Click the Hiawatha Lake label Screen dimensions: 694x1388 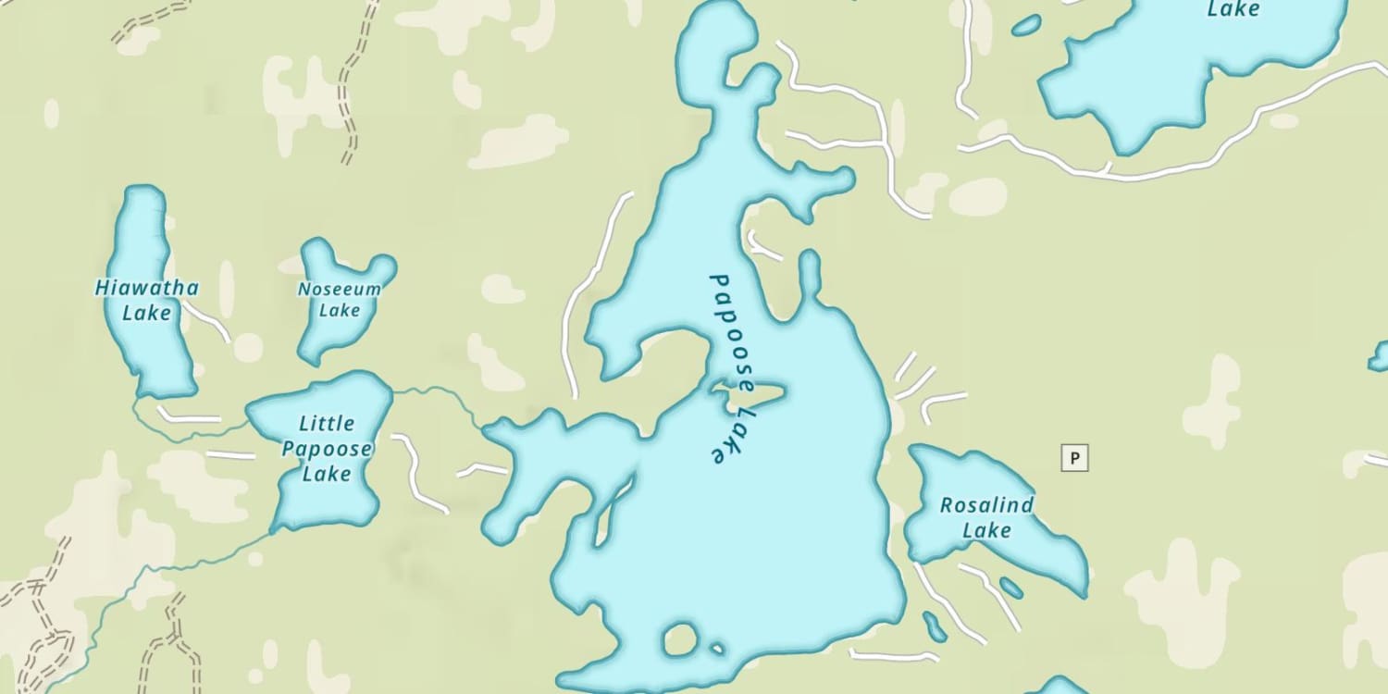[x=146, y=300]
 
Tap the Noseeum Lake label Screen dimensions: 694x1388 [x=339, y=299]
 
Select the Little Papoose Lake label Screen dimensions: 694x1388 [x=327, y=449]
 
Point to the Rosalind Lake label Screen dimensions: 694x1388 [x=986, y=517]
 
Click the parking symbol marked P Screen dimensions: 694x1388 [x=1074, y=457]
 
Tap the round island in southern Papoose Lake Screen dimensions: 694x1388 [x=680, y=638]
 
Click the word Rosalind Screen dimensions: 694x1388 [x=986, y=505]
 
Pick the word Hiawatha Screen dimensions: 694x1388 [x=146, y=288]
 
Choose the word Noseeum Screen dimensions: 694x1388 [x=339, y=289]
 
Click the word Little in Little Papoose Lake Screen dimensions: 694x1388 [x=327, y=424]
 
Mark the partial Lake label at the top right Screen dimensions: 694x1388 [x=1233, y=9]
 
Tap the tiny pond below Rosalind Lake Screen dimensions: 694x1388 [x=1011, y=588]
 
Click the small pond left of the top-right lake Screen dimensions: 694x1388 [x=1025, y=26]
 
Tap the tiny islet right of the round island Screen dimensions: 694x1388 [x=715, y=649]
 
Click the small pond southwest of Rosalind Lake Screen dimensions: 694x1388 [x=935, y=626]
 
